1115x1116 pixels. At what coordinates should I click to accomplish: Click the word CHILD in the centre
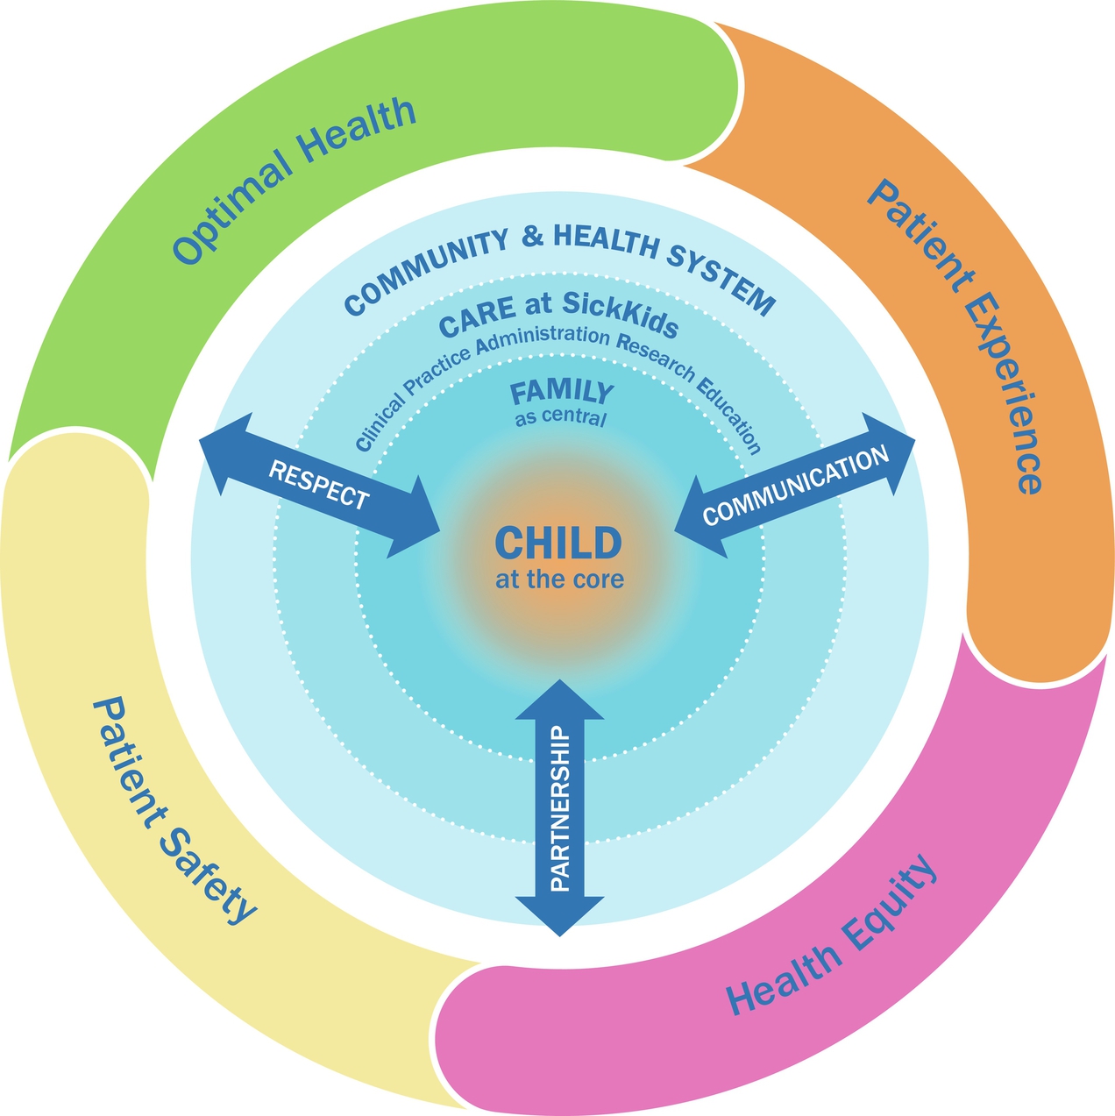click(x=558, y=544)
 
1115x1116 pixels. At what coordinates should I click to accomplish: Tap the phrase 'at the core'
click(x=559, y=579)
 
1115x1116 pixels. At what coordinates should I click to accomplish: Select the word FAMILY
click(x=562, y=392)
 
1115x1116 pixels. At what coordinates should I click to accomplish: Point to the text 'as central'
click(x=560, y=417)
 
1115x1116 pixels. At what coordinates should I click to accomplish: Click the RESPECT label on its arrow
click(x=319, y=484)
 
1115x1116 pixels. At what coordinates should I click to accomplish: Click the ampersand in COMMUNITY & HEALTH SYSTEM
click(x=531, y=237)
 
